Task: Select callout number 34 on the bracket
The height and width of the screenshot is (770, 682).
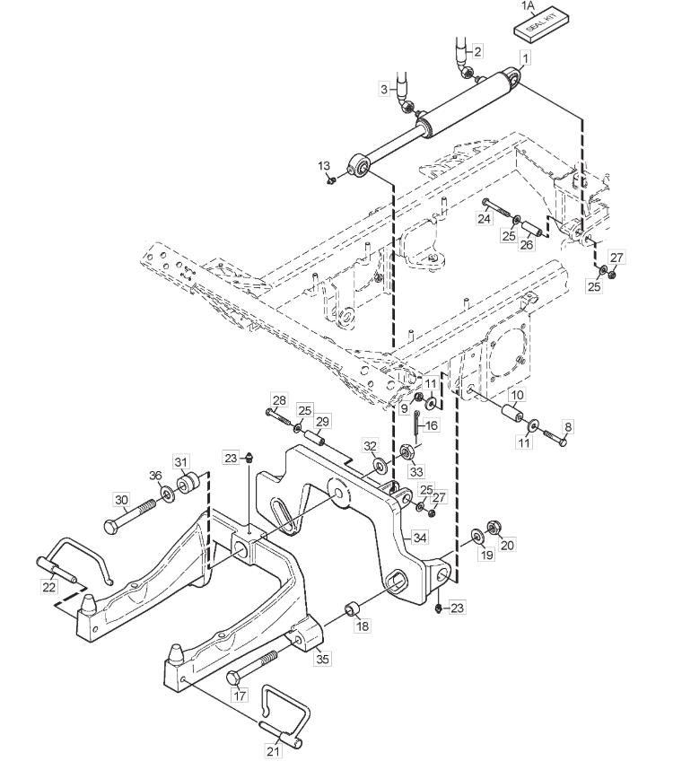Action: [420, 538]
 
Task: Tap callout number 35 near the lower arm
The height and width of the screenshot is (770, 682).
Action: [322, 659]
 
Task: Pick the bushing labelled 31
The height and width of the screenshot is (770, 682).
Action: [187, 484]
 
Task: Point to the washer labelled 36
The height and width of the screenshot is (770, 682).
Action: [166, 494]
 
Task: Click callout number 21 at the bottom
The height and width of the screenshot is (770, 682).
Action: [274, 750]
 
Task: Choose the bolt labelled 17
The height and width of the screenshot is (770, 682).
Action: [253, 668]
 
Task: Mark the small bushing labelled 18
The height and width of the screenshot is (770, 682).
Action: [353, 609]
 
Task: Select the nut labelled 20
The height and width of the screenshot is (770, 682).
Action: [493, 528]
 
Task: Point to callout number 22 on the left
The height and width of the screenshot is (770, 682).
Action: [49, 586]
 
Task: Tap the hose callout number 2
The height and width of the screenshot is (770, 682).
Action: [477, 50]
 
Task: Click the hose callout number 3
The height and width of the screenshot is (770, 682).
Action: [384, 90]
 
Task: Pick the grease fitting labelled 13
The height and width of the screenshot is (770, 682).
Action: [331, 181]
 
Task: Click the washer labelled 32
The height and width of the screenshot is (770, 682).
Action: [380, 464]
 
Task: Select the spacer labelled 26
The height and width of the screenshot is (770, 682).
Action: [530, 230]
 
